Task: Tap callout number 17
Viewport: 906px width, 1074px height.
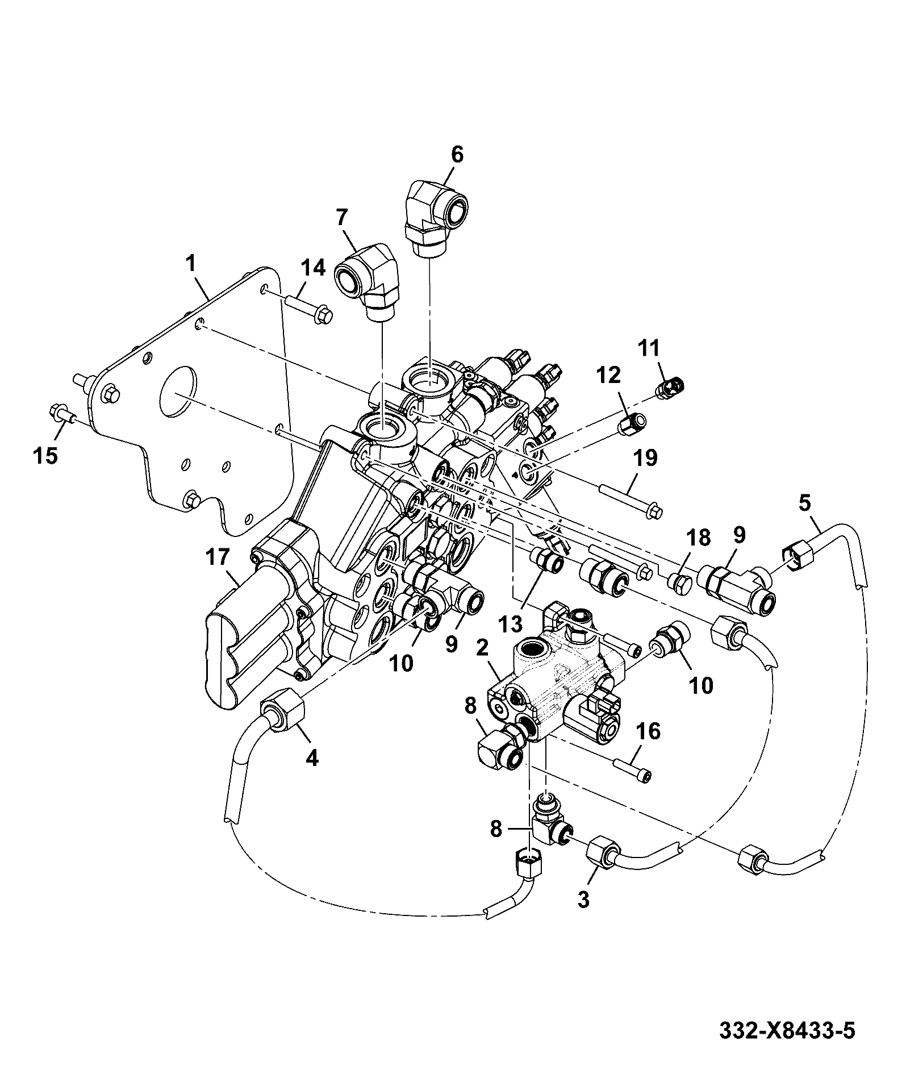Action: click(x=219, y=557)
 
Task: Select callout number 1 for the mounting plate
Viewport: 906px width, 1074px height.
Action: click(x=191, y=263)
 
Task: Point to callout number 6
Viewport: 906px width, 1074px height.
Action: click(x=456, y=155)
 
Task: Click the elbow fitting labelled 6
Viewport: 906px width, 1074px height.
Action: click(x=436, y=216)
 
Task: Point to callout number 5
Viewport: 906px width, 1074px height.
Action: click(x=805, y=503)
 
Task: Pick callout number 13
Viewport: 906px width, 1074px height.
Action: click(x=510, y=625)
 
